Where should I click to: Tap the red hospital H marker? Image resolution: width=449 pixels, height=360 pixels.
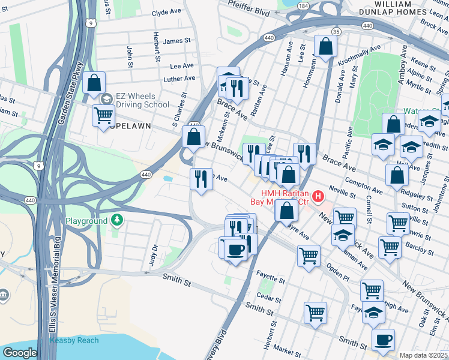(318, 196)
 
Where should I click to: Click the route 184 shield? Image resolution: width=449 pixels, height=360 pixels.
(304, 6)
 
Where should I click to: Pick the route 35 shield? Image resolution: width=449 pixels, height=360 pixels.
(336, 31)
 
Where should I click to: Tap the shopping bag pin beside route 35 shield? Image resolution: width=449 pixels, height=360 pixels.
(325, 47)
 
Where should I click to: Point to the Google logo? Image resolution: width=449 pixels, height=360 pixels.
(19, 353)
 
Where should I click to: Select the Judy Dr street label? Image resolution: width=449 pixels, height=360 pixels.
(154, 255)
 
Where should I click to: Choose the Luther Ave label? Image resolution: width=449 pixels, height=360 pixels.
(179, 79)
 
